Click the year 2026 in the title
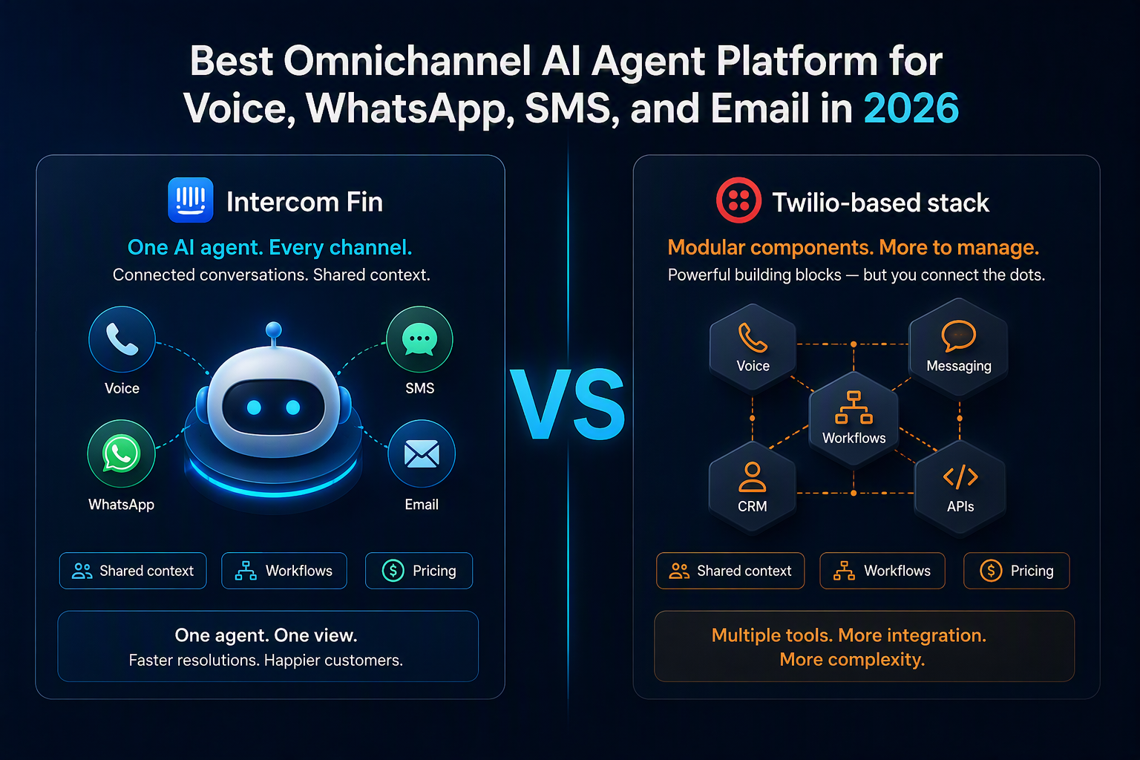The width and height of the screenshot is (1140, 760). (911, 108)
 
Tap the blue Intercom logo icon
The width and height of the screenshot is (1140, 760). (190, 200)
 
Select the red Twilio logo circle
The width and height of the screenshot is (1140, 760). (738, 200)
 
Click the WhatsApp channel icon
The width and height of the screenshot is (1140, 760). (121, 453)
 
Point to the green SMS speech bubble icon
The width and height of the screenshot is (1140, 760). (419, 339)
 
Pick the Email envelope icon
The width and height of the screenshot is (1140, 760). (422, 453)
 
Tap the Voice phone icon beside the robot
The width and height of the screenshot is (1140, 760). (122, 339)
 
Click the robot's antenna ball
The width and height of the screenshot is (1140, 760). (274, 330)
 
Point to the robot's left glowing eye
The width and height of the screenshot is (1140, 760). (254, 407)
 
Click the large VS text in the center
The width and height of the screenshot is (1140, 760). (568, 404)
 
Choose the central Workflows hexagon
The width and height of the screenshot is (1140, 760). (854, 419)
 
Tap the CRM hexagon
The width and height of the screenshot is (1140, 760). (752, 487)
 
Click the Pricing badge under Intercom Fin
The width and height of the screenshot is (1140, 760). (419, 571)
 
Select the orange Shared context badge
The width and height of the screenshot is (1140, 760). (730, 571)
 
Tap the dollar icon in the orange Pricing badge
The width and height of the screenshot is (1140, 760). (991, 571)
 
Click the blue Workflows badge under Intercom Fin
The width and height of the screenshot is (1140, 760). (284, 571)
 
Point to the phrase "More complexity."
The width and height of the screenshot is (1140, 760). (853, 660)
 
